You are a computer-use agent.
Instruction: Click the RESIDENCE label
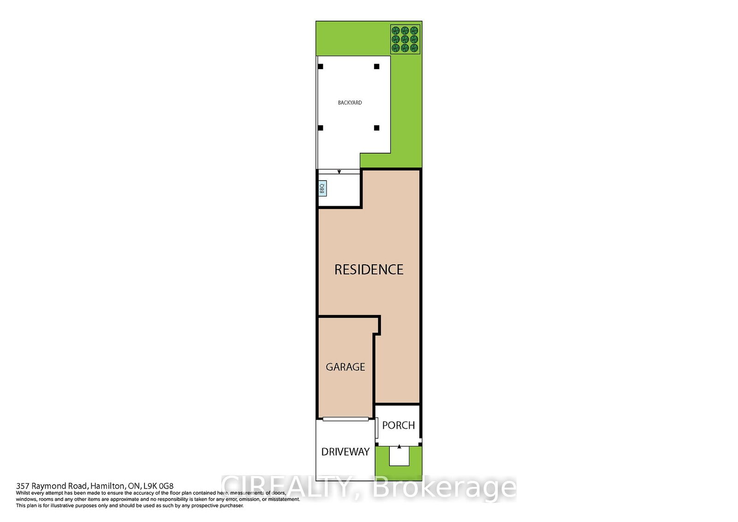369,269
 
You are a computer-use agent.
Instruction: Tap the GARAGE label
345,367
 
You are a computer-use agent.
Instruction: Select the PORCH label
398,425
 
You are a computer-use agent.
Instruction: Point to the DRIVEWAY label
345,452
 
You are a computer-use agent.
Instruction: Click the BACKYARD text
350,103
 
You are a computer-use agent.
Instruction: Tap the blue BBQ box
322,188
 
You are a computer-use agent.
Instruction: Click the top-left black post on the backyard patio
321,66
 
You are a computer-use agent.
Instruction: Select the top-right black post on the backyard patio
376,66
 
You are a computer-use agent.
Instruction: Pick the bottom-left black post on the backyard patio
321,128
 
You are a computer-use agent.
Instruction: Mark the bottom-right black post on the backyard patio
376,128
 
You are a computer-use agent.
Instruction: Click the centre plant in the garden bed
405,39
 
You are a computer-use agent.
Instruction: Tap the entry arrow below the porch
399,447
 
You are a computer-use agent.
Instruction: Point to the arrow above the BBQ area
339,172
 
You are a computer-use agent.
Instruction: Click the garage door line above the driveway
345,419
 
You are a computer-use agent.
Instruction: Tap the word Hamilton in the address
108,486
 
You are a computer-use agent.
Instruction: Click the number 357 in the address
22,486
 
